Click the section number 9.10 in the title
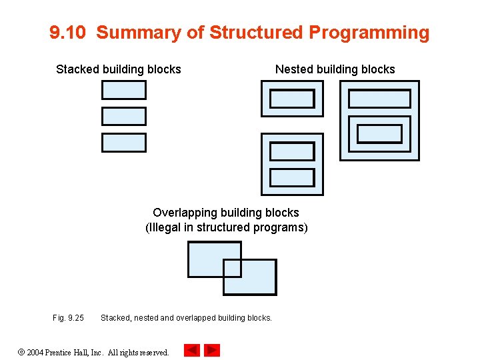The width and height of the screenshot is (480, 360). [68, 33]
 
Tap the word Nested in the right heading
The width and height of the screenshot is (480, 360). [294, 69]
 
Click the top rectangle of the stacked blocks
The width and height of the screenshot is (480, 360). [123, 90]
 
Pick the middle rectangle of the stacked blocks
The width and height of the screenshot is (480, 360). [123, 117]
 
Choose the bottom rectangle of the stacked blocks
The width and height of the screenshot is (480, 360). [123, 143]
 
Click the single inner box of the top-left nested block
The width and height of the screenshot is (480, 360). [292, 99]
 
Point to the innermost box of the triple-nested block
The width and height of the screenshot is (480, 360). [380, 134]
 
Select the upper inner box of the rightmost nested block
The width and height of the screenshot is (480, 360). [380, 99]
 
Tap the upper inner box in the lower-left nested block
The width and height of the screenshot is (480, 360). [292, 151]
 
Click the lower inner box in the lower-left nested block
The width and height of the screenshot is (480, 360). [292, 177]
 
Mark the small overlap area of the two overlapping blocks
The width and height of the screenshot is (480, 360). [232, 268]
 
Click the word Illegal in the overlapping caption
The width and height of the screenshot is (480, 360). [165, 227]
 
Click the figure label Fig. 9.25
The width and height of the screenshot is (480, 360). [68, 318]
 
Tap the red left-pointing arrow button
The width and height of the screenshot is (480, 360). [191, 350]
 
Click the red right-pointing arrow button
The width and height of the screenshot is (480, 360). [211, 350]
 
